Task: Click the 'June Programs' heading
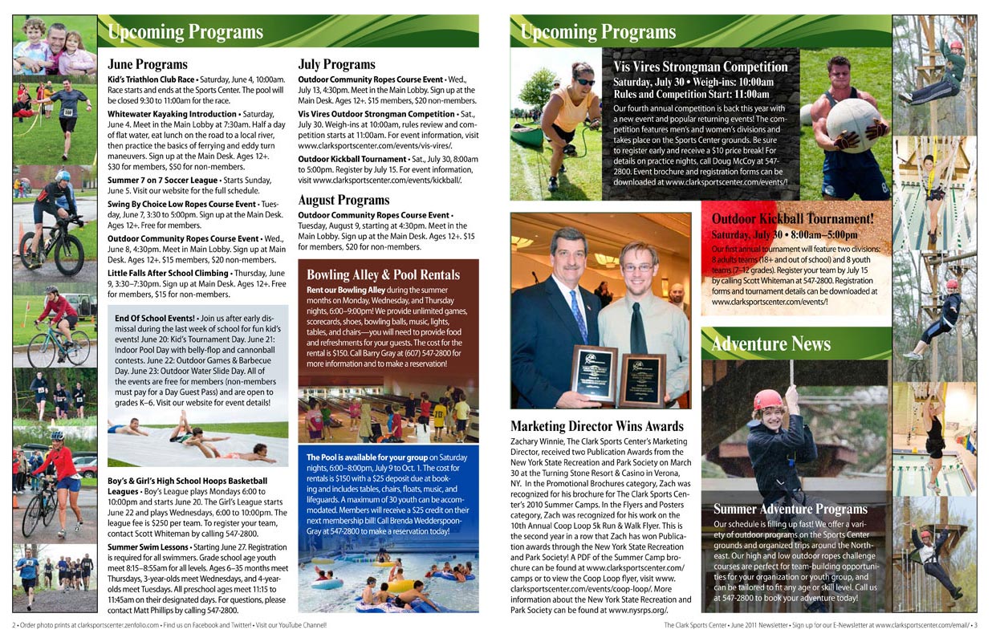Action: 148,64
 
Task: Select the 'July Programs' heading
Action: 336,64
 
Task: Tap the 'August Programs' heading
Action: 344,200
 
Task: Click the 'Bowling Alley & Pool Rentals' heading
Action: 384,275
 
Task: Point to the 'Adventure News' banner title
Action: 770,344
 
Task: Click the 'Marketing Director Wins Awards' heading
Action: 597,426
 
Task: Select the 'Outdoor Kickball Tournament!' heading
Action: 793,219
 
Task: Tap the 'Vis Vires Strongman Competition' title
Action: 701,67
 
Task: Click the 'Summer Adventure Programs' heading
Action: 791,509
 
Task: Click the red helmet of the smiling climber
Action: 768,399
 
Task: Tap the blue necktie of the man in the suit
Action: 579,316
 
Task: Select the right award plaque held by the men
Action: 642,379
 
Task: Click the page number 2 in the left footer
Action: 14,625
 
